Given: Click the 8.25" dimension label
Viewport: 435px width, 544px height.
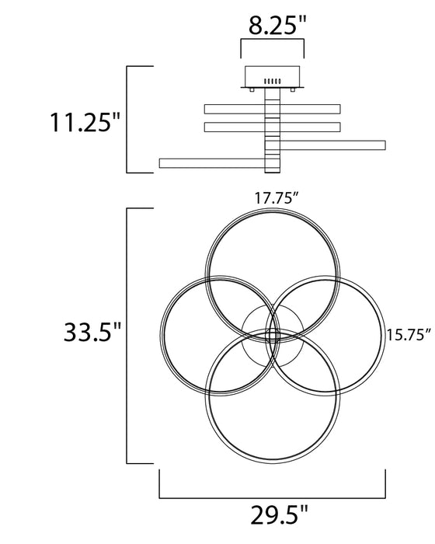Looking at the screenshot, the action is [x=278, y=25].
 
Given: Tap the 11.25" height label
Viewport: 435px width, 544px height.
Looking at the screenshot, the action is [x=85, y=122].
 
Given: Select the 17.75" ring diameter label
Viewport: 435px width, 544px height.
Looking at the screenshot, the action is [x=277, y=197].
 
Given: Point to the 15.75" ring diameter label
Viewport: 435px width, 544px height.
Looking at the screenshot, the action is [x=409, y=335].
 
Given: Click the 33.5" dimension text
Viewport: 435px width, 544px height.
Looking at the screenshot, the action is [x=92, y=332].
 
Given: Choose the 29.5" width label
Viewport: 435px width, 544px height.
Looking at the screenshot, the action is [x=279, y=516].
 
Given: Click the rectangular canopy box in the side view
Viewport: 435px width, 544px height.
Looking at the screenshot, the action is [x=273, y=76].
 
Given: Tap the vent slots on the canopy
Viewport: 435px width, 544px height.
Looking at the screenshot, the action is [x=273, y=82].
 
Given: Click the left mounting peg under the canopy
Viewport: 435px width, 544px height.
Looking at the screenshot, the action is [x=252, y=90].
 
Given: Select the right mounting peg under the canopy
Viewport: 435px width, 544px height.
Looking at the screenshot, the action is [x=293, y=90].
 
